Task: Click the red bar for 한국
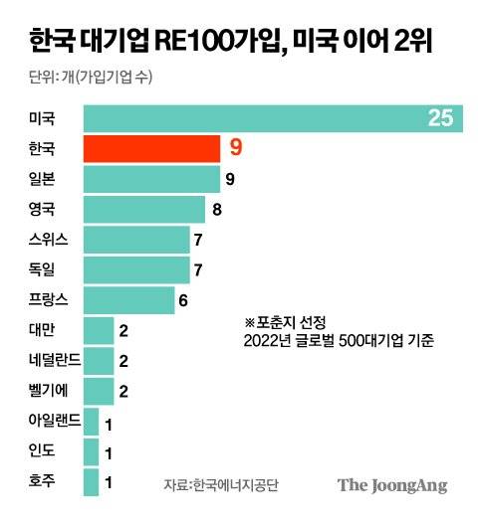click(x=151, y=149)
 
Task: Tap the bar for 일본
click(x=151, y=179)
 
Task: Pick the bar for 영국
click(x=144, y=210)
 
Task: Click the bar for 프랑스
click(x=128, y=299)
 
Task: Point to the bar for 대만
click(x=98, y=330)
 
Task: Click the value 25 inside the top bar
click(x=439, y=119)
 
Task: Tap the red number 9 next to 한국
click(x=235, y=149)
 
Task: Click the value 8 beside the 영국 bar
click(x=216, y=210)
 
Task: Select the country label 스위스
click(x=50, y=240)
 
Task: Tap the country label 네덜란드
click(x=56, y=360)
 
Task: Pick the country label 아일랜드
click(x=56, y=422)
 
